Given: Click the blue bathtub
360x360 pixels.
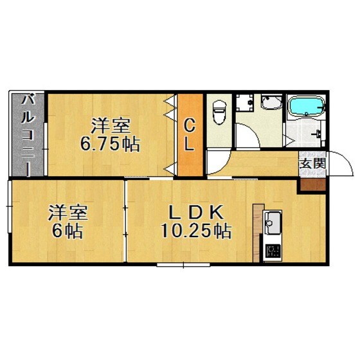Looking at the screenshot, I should (x=305, y=107).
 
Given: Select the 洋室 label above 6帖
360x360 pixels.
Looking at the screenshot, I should (x=67, y=212).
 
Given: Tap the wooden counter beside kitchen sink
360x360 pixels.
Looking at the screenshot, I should (x=258, y=229).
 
